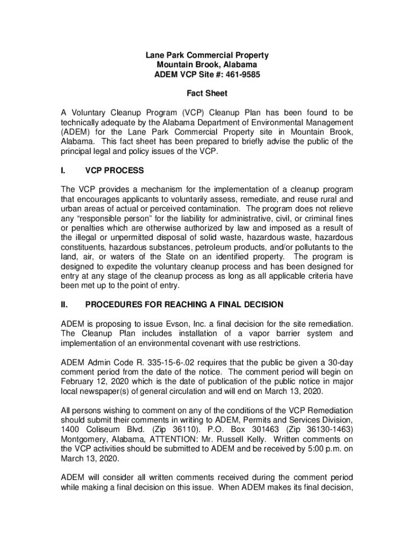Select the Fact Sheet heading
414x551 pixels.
click(x=207, y=94)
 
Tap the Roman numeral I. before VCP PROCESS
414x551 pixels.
click(x=63, y=171)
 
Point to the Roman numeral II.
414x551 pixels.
click(x=65, y=305)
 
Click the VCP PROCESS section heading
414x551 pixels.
click(x=115, y=171)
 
